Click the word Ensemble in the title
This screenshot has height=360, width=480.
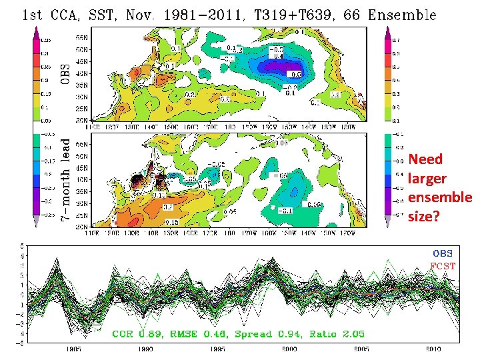400,14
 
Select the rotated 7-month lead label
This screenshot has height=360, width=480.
66,180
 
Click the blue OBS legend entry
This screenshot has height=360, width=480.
443,253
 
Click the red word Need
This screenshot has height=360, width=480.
425,159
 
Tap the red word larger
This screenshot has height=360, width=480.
427,179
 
